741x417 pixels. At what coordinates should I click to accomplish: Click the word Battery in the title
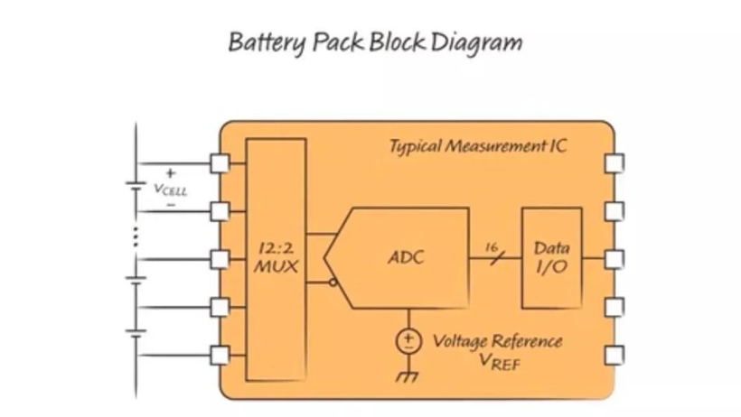tap(262, 42)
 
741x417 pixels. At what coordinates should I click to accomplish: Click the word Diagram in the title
tap(476, 42)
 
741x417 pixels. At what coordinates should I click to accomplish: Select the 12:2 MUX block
tap(277, 258)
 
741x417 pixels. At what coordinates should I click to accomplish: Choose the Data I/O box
tap(551, 258)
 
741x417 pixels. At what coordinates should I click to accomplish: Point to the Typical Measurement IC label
tap(478, 146)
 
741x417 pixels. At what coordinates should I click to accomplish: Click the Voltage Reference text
tap(497, 341)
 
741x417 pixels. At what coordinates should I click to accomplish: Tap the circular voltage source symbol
tap(409, 340)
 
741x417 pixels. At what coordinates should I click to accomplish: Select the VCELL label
tap(170, 190)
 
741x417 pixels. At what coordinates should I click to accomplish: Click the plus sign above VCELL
tap(171, 172)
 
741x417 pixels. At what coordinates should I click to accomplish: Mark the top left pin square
tap(220, 163)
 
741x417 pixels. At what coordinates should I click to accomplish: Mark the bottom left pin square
tap(220, 355)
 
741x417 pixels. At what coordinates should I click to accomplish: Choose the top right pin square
tap(614, 163)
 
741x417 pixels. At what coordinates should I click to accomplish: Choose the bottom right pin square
tap(614, 355)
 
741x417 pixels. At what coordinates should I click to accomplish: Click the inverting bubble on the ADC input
tap(333, 282)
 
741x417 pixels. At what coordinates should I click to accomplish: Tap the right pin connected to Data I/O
tap(614, 259)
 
